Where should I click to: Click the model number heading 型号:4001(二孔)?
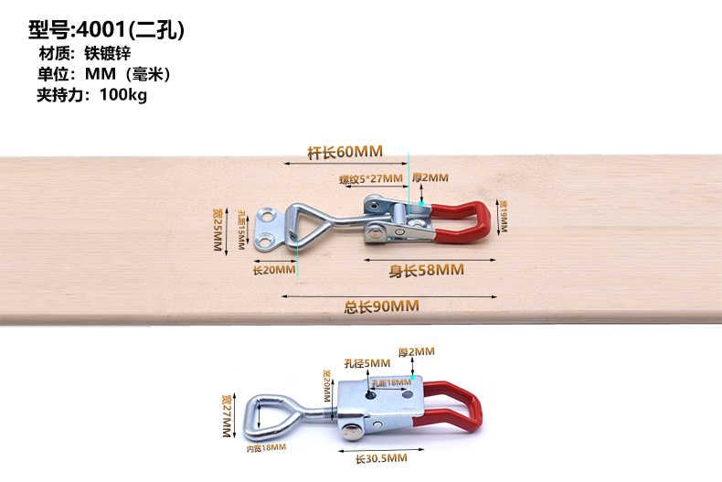point(107,29)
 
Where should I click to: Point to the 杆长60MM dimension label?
point(345,151)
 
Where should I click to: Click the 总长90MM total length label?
point(381,306)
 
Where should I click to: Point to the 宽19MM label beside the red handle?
point(504,216)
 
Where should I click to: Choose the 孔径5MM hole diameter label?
point(366,363)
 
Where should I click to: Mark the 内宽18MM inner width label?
point(267,447)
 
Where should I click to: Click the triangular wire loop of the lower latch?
point(272,412)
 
